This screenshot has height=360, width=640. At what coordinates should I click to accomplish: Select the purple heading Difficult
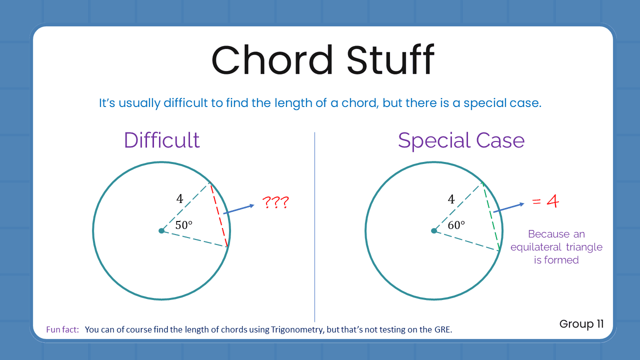coord(161,140)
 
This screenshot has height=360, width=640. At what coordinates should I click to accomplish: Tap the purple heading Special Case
coord(461,140)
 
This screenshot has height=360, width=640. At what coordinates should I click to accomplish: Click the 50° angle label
coord(184,225)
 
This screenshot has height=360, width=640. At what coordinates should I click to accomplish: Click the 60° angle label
coord(456,225)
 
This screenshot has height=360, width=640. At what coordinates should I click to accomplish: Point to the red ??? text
coord(276,202)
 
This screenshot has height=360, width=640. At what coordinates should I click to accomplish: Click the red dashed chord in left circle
coord(219,215)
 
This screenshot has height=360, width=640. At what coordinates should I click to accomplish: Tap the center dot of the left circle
coord(161,230)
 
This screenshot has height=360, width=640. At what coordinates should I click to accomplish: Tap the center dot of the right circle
coord(433,230)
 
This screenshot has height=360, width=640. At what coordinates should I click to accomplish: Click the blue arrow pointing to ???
coord(240,209)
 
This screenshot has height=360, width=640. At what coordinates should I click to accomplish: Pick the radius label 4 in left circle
coord(179,199)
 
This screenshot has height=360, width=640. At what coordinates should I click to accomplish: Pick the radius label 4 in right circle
coord(451,199)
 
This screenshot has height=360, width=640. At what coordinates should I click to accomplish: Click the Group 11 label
coord(581,324)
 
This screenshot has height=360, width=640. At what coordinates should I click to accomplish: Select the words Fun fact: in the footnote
coord(62,329)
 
